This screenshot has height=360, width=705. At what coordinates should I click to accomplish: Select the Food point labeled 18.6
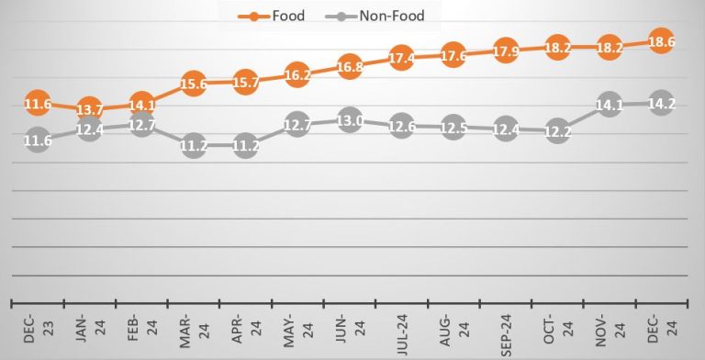662,42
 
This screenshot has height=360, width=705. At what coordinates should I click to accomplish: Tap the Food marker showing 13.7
89,110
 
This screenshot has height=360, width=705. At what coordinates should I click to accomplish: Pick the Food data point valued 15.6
193,84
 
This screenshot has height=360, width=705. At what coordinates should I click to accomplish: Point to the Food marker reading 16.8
349,66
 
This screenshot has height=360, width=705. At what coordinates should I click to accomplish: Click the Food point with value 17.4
401,58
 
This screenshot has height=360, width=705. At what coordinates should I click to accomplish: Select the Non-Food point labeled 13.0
349,120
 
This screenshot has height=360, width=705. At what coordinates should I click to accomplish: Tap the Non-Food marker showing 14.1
610,105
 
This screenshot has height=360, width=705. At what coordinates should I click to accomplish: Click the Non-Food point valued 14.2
662,103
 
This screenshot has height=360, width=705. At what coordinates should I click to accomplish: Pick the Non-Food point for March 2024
193,144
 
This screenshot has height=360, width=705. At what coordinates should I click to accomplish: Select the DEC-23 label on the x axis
37,331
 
